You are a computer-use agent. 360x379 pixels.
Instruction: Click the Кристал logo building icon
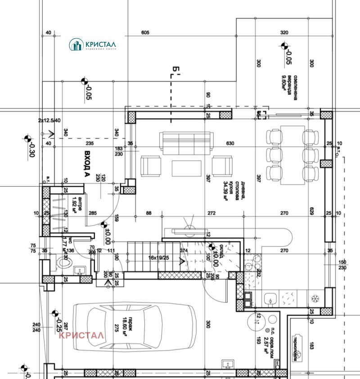76,44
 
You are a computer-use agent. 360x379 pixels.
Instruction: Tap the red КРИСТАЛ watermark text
81,335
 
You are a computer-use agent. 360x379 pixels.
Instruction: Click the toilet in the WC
63,264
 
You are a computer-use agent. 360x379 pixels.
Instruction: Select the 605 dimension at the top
145,33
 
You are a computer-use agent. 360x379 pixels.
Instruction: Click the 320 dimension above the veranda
284,33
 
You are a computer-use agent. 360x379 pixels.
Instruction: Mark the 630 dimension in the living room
230,144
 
